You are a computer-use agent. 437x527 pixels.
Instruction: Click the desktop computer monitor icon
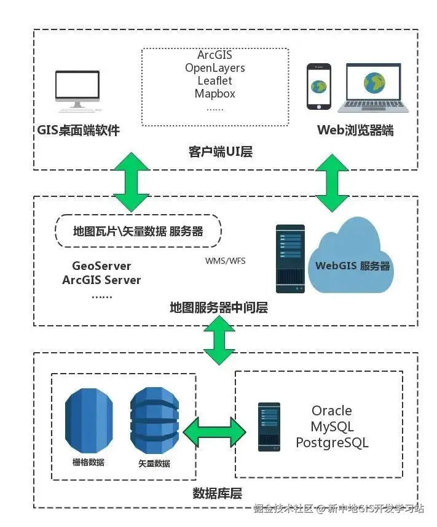[x=77, y=90]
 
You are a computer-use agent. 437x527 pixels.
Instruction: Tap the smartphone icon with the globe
[x=318, y=87]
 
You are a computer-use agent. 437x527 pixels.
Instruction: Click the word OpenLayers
[x=215, y=68]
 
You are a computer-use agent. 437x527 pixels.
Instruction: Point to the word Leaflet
[x=215, y=81]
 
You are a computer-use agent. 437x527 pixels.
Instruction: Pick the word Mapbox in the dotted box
[x=215, y=94]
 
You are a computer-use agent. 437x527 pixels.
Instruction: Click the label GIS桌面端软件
[x=78, y=130]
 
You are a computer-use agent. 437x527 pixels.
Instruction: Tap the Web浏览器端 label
[x=355, y=130]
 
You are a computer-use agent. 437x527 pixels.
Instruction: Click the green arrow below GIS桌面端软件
[x=131, y=182]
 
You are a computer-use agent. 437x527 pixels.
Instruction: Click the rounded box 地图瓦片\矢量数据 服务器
[x=138, y=231]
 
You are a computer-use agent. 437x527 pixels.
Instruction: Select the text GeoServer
[x=101, y=266]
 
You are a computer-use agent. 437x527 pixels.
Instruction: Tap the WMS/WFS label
[x=225, y=261]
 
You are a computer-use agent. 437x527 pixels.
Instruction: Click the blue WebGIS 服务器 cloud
[x=352, y=264]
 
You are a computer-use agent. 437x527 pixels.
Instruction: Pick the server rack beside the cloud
[x=290, y=258]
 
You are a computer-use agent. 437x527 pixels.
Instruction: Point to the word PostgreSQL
[x=332, y=442]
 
